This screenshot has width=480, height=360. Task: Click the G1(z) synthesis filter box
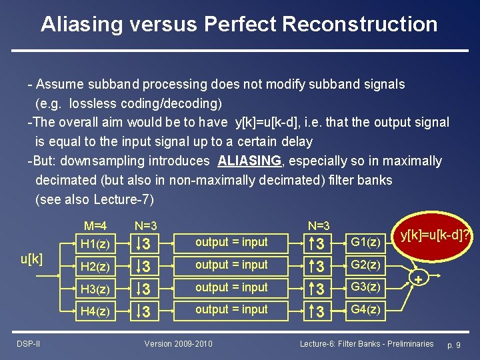pos(365,242)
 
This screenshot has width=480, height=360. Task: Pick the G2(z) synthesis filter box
pos(365,265)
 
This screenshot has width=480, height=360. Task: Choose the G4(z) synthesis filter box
pos(365,309)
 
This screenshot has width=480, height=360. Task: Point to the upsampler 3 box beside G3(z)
pos(319,288)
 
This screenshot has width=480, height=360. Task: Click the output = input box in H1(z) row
pos(231,242)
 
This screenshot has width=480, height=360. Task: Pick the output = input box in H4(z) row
pos(231,309)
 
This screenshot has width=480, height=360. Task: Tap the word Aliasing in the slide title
pos(82,24)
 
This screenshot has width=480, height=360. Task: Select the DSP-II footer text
pos(28,343)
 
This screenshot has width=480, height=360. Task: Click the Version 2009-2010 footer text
pos(179,343)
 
